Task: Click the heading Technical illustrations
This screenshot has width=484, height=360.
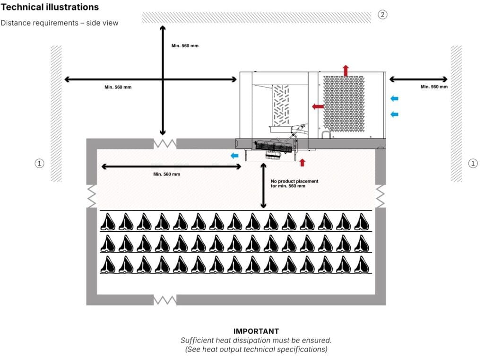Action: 50,7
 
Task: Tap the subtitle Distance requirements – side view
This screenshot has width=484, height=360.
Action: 59,23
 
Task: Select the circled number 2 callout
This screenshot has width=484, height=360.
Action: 383,14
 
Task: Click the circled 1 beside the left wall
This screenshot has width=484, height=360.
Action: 40,163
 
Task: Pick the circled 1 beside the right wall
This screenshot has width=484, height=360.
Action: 473,163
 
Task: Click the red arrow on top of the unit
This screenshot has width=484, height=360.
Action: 346,70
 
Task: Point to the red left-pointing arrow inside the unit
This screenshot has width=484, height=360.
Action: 318,106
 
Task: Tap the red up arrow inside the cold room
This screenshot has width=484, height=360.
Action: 302,163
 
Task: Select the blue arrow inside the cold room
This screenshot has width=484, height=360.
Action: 234,156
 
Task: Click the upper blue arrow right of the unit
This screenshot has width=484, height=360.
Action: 395,98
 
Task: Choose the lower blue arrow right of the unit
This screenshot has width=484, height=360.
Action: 395,114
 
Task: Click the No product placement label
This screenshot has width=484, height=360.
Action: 294,184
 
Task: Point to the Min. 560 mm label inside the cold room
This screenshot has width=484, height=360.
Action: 166,174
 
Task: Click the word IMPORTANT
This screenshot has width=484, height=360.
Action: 256,331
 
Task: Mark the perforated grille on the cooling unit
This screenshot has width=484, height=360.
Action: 344,103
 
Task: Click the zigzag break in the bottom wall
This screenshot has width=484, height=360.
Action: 164,300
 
